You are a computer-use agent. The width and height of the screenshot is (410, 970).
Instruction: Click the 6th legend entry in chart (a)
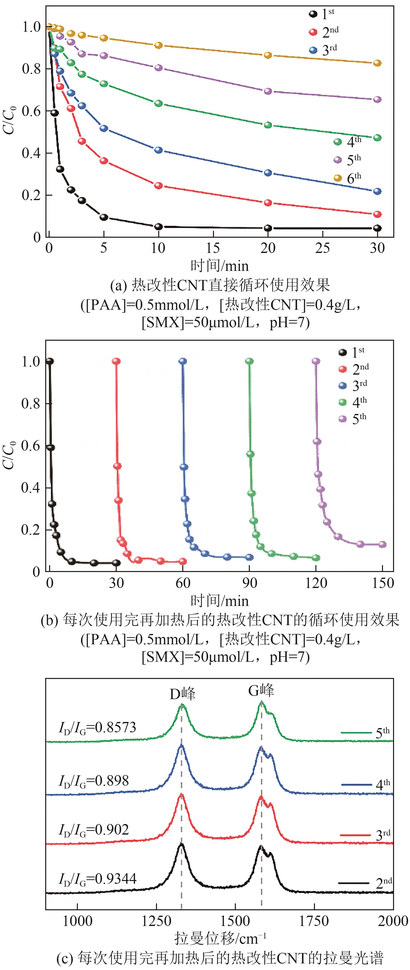(x=348, y=177)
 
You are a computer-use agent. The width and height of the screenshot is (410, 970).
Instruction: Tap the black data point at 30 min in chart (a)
(x=377, y=228)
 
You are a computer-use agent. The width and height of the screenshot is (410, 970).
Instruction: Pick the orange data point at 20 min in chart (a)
(x=268, y=55)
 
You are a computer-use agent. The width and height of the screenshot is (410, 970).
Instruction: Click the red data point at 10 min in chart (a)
(x=158, y=186)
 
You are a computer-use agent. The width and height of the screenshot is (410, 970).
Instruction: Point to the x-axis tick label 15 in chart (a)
(x=213, y=248)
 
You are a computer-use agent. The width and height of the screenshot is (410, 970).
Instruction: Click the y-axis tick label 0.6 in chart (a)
(x=31, y=111)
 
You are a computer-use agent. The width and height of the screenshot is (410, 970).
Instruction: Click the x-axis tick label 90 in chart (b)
(x=249, y=583)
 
